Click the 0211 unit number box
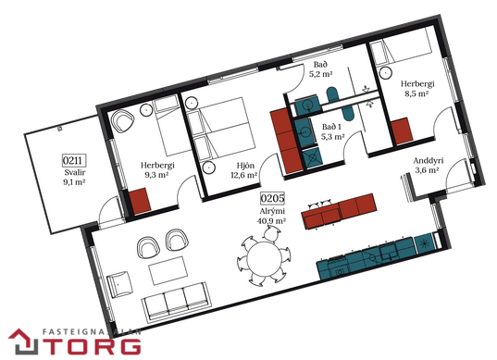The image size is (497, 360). pyautogui.click(x=74, y=160)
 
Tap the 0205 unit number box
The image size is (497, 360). pyautogui.click(x=272, y=198)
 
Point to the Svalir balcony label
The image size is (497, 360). pyautogui.click(x=75, y=172)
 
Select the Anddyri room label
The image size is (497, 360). pyautogui.click(x=429, y=161)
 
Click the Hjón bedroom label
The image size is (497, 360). pyautogui.click(x=245, y=166)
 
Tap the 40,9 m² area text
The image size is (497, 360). pyautogui.click(x=272, y=220)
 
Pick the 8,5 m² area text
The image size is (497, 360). pyautogui.click(x=416, y=93)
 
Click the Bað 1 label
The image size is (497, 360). pyautogui.click(x=331, y=127)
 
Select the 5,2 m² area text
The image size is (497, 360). pyautogui.click(x=321, y=74)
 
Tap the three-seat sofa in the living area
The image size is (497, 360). pyautogui.click(x=177, y=301)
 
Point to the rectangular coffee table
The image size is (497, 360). pyautogui.click(x=168, y=270)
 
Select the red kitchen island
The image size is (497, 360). pyautogui.click(x=339, y=211)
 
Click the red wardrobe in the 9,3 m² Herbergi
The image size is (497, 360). pyautogui.click(x=140, y=201)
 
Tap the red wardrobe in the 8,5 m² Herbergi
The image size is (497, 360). pyautogui.click(x=402, y=130)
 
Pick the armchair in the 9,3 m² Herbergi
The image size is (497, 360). pyautogui.click(x=122, y=122)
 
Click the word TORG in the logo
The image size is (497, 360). pyautogui.click(x=92, y=346)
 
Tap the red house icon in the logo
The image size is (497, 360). pyautogui.click(x=23, y=341)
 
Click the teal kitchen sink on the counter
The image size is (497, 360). pyautogui.click(x=389, y=252)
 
